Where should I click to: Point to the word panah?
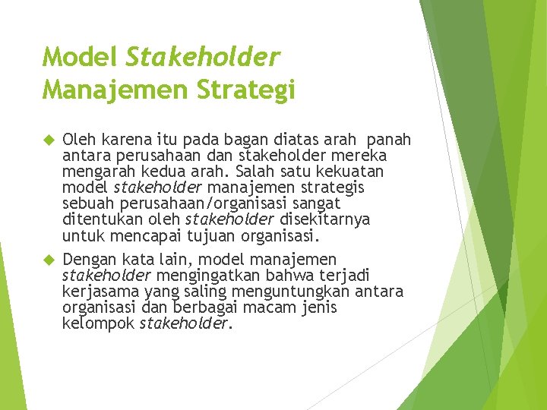pyautogui.click(x=387, y=140)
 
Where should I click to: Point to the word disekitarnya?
pyautogui.click(x=325, y=219)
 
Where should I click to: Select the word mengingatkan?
pyautogui.click(x=206, y=275)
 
